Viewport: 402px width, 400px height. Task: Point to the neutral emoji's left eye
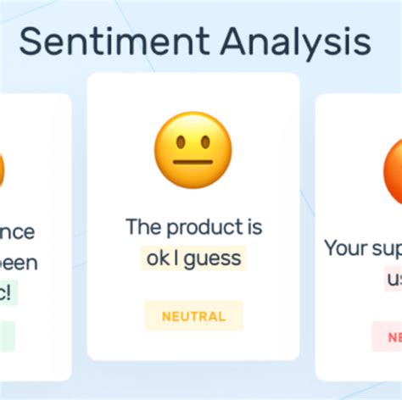(179, 141)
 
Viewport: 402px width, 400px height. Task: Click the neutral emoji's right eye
(208, 141)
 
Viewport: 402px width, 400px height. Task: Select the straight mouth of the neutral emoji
(193, 161)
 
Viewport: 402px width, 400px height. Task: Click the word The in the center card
(143, 227)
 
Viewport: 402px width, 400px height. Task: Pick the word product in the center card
(202, 227)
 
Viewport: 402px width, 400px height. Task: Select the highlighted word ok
(157, 258)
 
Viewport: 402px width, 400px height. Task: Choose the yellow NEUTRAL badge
(193, 316)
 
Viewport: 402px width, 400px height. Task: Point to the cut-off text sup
(388, 249)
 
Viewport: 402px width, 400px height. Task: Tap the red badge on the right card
(388, 336)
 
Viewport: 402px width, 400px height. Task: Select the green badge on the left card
(7, 336)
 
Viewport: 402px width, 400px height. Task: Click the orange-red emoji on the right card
(392, 169)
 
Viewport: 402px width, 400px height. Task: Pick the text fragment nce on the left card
(19, 232)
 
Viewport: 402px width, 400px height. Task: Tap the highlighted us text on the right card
(394, 279)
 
